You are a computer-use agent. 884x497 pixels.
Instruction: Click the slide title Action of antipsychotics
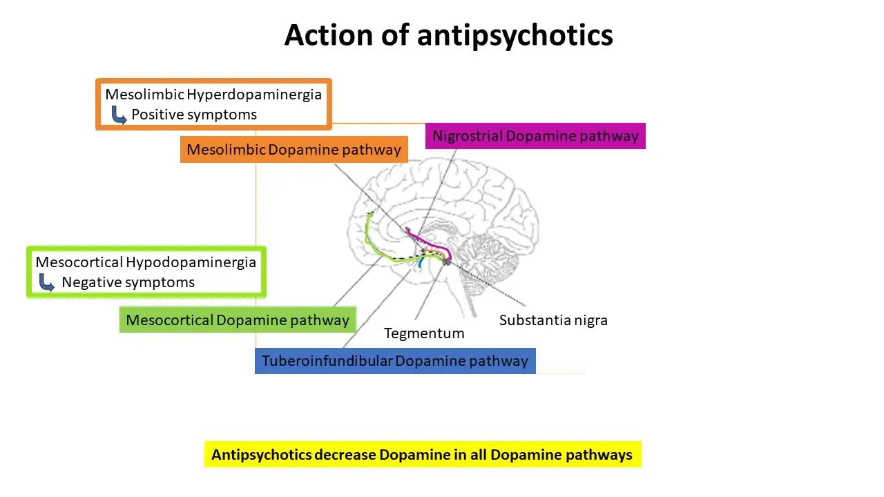[448, 35]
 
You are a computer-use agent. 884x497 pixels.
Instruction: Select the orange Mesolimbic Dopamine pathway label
[294, 150]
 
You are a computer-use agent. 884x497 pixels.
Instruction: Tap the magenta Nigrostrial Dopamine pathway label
[535, 136]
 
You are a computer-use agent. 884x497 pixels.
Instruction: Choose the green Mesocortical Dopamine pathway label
[238, 320]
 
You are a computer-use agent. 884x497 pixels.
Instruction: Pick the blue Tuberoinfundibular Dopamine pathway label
[394, 361]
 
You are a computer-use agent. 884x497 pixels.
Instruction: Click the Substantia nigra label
[553, 320]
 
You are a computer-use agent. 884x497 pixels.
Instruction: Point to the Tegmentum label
[424, 333]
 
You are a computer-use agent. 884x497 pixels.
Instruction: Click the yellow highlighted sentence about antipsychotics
[422, 455]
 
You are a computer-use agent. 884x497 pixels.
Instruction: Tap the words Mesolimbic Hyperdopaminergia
[213, 93]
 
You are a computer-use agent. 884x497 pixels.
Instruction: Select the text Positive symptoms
[194, 115]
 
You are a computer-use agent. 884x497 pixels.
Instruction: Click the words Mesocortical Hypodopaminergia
[146, 262]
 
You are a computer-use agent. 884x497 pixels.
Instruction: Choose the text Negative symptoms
[128, 282]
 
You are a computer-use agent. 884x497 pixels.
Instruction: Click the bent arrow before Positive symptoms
[119, 115]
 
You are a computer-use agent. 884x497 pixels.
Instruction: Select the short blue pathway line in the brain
[419, 262]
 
